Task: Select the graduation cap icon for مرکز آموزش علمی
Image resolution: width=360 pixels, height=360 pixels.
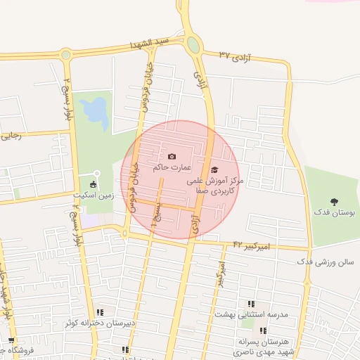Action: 214,169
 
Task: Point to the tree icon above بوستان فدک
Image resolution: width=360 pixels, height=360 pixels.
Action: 333,202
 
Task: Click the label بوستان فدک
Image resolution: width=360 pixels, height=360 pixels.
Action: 335,212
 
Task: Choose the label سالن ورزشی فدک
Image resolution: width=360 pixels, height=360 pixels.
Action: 326,262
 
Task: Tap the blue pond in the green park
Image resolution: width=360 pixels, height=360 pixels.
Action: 94,111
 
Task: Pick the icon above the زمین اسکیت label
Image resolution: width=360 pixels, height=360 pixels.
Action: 94,184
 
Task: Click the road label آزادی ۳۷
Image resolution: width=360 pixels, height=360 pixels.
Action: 236,55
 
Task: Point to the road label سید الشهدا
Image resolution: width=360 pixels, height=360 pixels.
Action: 150,44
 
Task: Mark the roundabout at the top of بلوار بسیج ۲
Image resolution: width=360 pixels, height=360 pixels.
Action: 66,54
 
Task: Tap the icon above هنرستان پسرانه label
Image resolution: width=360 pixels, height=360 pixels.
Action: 262,330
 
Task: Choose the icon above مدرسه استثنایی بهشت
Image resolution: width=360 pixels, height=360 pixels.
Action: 250,304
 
